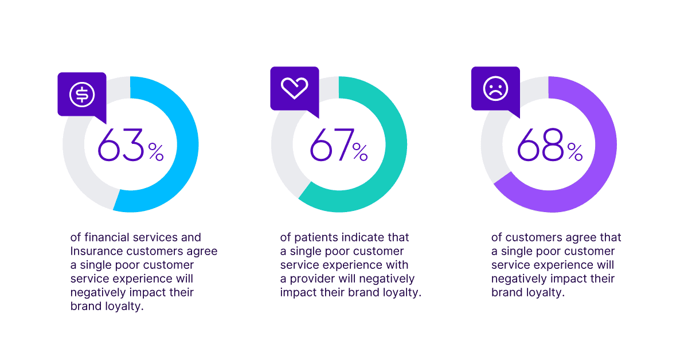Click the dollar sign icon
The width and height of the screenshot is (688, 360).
tap(82, 94)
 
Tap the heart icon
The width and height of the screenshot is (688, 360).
tap(295, 88)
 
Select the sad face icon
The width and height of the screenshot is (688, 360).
tap(495, 88)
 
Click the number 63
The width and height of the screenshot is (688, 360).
tap(120, 146)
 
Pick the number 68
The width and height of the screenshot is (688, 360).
tap(541, 146)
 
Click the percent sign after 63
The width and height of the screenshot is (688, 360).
tap(156, 152)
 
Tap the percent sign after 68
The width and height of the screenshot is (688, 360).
tap(575, 152)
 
